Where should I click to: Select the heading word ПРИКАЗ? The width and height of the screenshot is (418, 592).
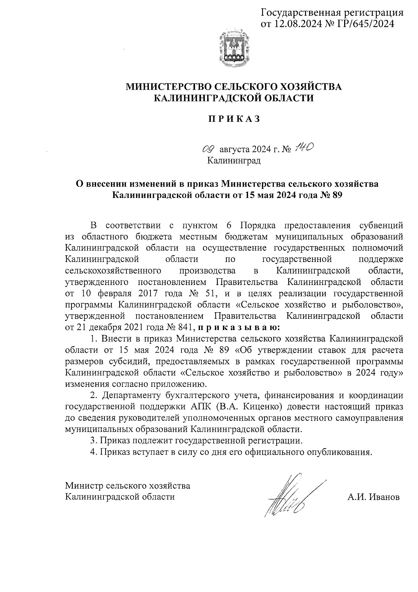coord(234,119)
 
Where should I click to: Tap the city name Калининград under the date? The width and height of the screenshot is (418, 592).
coord(234,161)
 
